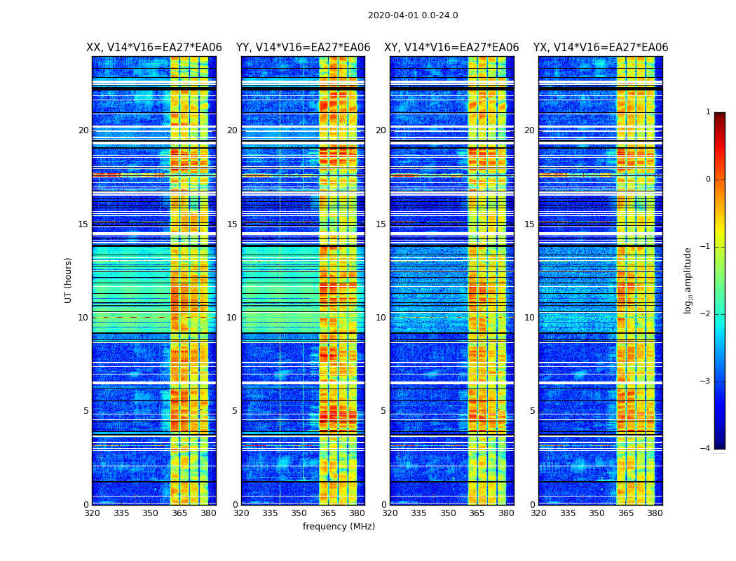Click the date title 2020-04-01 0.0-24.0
(x=413, y=15)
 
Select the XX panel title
(x=154, y=48)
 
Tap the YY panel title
(x=303, y=48)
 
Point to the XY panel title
(x=451, y=48)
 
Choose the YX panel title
(x=601, y=48)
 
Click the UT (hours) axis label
(x=69, y=280)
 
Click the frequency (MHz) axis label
(x=339, y=527)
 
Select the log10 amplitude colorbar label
(x=688, y=280)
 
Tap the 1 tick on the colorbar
(x=708, y=112)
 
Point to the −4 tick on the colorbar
(x=706, y=449)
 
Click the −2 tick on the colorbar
(x=706, y=314)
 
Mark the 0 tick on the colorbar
(x=708, y=180)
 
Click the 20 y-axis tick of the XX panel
(x=83, y=130)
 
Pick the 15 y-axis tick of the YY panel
(x=232, y=224)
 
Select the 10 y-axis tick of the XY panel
(x=381, y=318)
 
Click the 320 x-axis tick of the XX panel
(x=92, y=513)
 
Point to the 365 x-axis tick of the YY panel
(x=328, y=513)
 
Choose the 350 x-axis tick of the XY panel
(x=448, y=513)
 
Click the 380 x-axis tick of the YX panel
(x=655, y=513)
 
